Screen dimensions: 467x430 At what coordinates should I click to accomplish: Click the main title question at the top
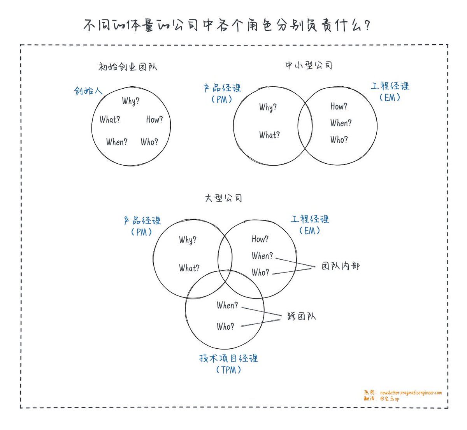226,25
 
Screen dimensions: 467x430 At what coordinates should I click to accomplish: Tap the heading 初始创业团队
128,67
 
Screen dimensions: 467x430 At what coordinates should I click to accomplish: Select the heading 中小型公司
309,66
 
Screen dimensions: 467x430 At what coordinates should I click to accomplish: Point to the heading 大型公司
223,198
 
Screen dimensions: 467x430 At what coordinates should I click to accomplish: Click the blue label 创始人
88,91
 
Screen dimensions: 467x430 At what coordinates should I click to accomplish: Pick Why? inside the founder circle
131,101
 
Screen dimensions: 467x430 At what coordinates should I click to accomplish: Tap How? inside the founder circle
154,119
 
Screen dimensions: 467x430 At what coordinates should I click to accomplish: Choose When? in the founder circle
117,142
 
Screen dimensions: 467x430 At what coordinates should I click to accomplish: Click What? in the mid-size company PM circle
269,135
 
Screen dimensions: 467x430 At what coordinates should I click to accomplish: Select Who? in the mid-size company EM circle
339,140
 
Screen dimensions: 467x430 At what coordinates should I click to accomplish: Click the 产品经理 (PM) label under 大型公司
142,226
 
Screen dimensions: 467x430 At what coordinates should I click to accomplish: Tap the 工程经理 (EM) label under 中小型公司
390,92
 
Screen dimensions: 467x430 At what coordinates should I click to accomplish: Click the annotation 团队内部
341,266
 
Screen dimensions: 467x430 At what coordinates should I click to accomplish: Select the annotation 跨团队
301,316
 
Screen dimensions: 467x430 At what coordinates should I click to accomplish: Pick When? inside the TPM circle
227,305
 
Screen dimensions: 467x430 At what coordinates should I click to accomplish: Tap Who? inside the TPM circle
225,326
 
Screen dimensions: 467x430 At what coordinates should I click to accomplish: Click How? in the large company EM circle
260,239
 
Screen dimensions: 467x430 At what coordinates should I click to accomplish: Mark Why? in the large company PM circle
188,240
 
